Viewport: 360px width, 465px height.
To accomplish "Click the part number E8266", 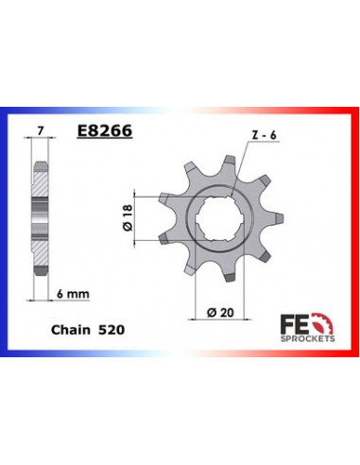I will [x=104, y=133].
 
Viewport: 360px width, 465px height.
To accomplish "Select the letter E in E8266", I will [x=81, y=133].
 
